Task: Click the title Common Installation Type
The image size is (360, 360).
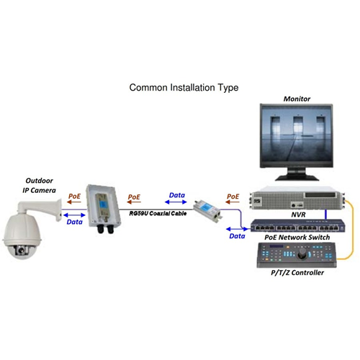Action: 184,88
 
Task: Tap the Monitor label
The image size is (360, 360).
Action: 297,99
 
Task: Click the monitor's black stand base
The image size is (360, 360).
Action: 297,178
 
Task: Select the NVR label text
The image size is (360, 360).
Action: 298,215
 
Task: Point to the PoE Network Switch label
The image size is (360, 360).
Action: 297,238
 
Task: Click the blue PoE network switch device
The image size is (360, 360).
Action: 298,225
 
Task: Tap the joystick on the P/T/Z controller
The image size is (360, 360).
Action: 302,253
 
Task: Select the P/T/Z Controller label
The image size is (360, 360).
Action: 297,273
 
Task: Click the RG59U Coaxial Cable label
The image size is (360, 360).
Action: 158,213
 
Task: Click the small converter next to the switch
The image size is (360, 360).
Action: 207,210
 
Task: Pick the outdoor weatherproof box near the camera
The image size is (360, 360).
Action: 104,206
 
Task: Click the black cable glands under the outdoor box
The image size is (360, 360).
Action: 105,229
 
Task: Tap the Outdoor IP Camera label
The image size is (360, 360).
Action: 39,186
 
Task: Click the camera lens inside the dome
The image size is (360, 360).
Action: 21,251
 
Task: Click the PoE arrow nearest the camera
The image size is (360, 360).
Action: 74,202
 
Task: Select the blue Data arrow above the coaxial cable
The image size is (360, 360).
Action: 176,202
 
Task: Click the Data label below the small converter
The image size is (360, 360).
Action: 237,236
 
